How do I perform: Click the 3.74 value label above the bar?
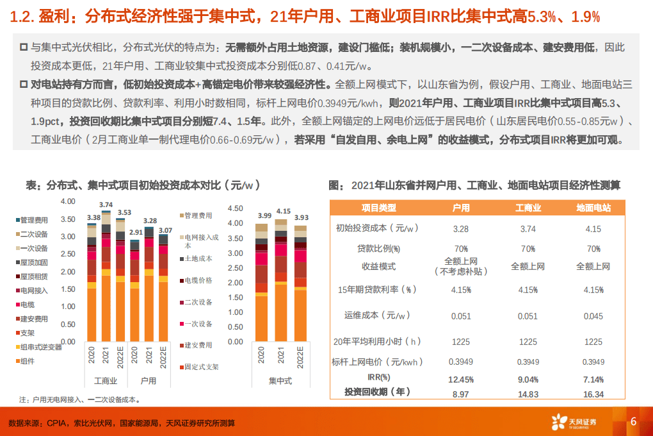(106, 205)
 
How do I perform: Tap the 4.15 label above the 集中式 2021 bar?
(282, 211)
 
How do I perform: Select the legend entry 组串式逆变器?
(41, 347)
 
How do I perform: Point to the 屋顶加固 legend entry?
(33, 262)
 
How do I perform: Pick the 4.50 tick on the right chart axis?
(236, 208)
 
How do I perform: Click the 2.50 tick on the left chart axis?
(68, 255)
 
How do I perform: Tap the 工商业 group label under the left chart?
(106, 381)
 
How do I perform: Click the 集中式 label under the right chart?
(281, 381)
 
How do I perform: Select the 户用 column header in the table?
(461, 208)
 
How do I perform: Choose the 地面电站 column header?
(593, 208)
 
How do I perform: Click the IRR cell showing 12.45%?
(461, 380)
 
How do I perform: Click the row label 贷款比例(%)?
(378, 249)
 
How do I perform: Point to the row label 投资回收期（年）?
(378, 392)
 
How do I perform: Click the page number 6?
(633, 421)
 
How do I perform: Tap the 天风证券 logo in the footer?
(574, 422)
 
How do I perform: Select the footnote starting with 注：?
(79, 399)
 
